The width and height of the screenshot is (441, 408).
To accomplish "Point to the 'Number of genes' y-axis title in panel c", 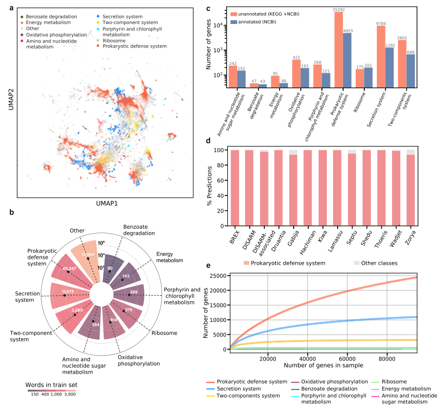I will (208, 44).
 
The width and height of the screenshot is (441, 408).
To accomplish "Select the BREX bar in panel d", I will (235, 187).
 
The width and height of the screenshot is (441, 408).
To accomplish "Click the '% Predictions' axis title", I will (209, 187).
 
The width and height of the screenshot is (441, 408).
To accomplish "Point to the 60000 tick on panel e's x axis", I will (347, 358).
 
